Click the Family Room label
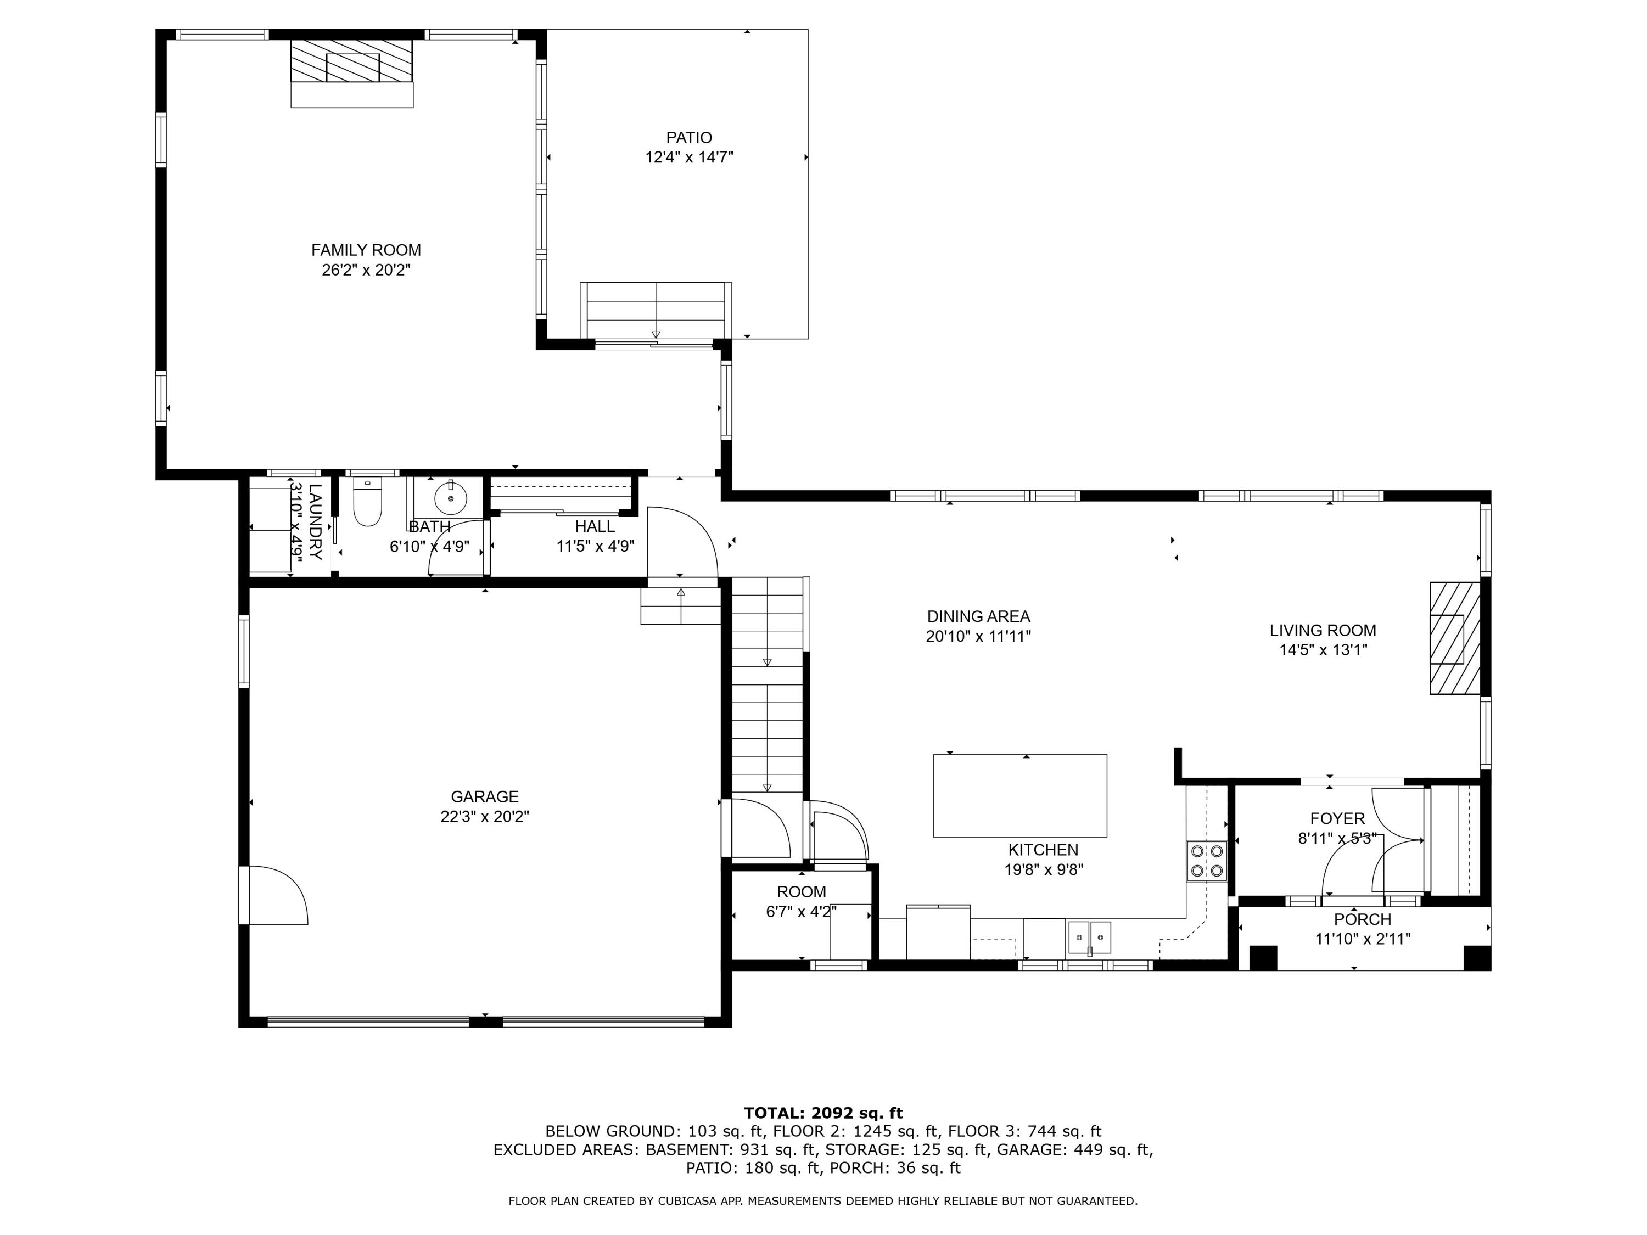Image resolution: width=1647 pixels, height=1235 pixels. [x=366, y=250]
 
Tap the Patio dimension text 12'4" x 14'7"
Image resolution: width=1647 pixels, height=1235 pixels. [x=689, y=157]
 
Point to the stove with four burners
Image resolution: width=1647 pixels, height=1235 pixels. [x=1206, y=861]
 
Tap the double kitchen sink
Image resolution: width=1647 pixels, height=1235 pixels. [x=1089, y=936]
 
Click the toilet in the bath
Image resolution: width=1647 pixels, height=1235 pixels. [x=367, y=502]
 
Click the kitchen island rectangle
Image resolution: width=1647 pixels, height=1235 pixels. [x=1019, y=795]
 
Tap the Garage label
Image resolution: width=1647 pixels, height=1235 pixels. [x=484, y=796]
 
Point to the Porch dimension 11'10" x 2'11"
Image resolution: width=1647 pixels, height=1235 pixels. [x=1362, y=939]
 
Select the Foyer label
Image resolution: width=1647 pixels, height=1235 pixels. [x=1337, y=818]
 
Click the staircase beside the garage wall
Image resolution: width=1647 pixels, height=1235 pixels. [x=767, y=685]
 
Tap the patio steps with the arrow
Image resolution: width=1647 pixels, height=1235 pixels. [x=655, y=311]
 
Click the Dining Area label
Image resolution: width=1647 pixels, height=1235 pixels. [x=978, y=616]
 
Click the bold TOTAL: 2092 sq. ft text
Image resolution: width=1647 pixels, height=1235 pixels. [x=823, y=1113]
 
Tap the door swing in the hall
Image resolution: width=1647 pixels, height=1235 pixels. [x=681, y=542]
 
